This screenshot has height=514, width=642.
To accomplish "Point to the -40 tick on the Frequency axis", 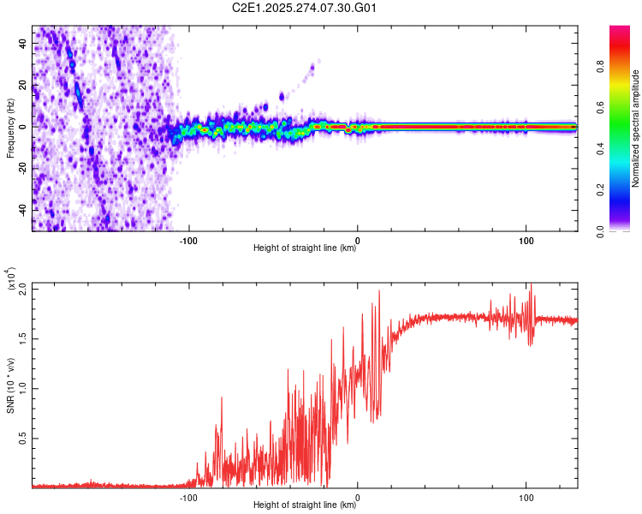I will click(x=21, y=210).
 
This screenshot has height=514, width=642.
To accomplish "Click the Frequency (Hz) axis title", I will click(x=9, y=127).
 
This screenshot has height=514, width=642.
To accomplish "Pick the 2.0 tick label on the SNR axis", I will click(x=21, y=289).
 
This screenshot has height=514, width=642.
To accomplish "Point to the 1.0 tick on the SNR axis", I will click(x=21, y=388).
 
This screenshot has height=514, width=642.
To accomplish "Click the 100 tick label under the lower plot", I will click(x=526, y=497).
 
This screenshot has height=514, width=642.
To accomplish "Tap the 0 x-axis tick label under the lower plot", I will click(x=357, y=497).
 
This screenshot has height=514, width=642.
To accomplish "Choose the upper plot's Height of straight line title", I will click(x=305, y=248).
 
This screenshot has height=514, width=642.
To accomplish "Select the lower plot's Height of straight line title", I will click(x=305, y=505).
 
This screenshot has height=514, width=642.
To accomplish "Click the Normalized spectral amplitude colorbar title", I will click(x=636, y=128).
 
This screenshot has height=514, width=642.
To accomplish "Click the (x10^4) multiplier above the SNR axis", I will click(x=11, y=279).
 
